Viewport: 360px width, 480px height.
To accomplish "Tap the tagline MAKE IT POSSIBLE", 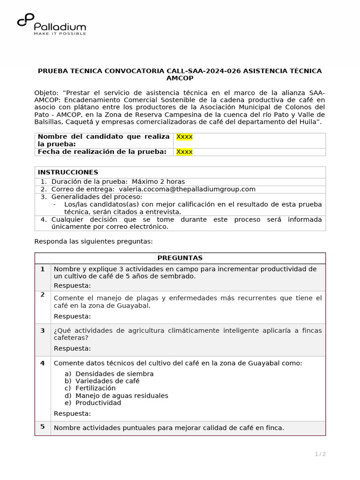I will click(60, 33).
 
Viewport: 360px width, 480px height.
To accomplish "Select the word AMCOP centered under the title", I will click(180, 78).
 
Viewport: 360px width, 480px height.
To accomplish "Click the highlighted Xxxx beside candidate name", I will click(184, 137).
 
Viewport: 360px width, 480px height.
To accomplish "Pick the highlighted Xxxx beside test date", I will click(184, 152).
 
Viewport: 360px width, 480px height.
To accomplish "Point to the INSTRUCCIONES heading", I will click(68, 172).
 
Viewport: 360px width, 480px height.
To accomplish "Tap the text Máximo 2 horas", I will click(158, 181).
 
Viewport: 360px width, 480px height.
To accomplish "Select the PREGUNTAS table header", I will click(180, 258).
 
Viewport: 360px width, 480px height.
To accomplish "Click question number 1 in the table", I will click(42, 269).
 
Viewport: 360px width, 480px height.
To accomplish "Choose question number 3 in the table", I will click(42, 330).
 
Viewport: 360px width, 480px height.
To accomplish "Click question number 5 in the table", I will click(42, 427).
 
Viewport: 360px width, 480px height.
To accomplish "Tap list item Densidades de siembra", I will click(114, 374).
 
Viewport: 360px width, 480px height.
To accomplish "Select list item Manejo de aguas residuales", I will click(121, 396).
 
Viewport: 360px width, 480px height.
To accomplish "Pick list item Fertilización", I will click(95, 388).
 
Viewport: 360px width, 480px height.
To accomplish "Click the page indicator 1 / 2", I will click(320, 454).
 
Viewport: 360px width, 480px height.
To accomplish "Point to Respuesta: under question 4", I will click(72, 413).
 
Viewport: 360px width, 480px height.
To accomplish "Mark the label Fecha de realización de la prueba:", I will click(102, 152).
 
